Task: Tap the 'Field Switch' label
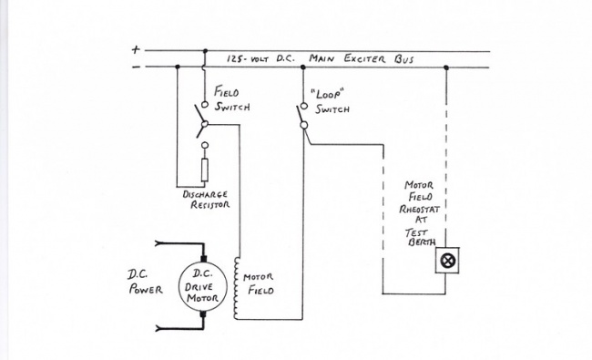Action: pos(230,99)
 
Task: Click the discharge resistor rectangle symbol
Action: pos(205,170)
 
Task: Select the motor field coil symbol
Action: pos(239,287)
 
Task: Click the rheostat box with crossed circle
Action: pos(446,260)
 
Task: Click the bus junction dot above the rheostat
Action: pos(446,67)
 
